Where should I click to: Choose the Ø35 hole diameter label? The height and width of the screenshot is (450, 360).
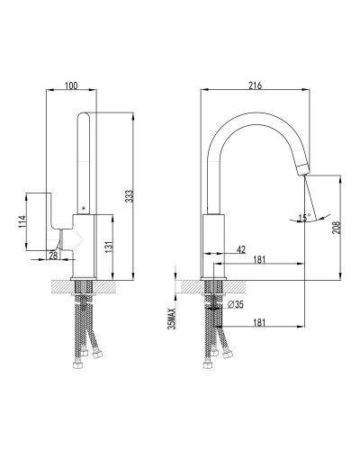click(237, 306)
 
